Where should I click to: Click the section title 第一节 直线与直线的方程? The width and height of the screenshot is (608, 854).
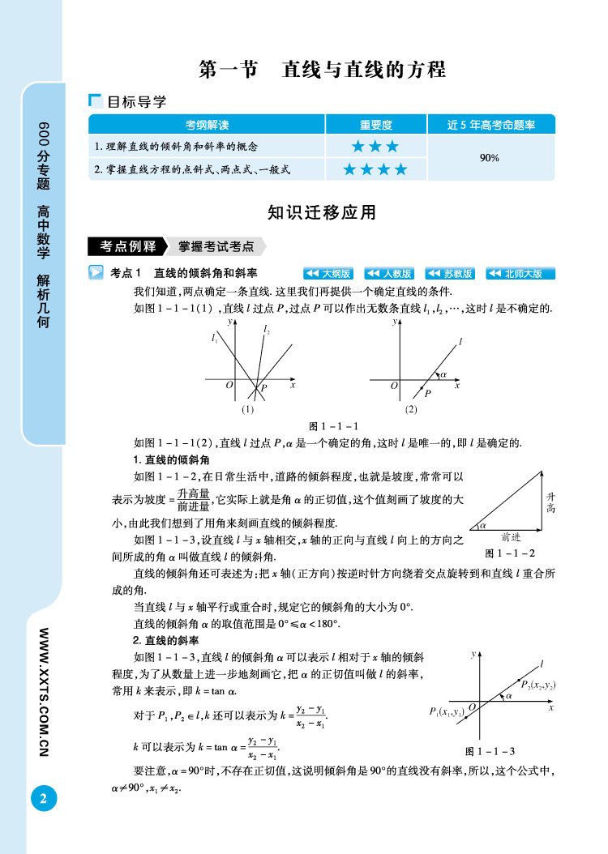coord(323,70)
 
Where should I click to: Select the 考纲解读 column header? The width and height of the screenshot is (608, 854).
coord(207,125)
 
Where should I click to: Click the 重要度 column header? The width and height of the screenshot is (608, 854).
coord(375,125)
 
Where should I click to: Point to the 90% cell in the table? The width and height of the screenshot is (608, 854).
coord(489,158)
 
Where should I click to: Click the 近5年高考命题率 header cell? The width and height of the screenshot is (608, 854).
coord(490,125)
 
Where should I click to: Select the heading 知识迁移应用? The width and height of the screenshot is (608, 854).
coord(322,213)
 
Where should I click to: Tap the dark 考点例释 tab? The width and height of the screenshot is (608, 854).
coord(127,246)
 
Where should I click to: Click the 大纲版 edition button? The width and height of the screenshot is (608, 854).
coord(328,273)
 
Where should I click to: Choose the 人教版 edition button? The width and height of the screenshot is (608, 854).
coord(389,273)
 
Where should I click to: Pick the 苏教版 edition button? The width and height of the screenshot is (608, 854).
coord(450,273)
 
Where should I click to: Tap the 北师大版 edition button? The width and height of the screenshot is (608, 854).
coord(520,273)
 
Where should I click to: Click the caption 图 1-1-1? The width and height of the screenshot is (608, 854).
coord(334,426)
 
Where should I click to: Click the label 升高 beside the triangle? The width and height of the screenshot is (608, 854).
coord(551,501)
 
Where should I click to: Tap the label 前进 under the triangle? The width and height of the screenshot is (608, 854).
coord(511,536)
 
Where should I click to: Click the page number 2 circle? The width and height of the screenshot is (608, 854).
coord(43,798)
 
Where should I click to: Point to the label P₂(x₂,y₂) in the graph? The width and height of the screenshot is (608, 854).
coord(537,685)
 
